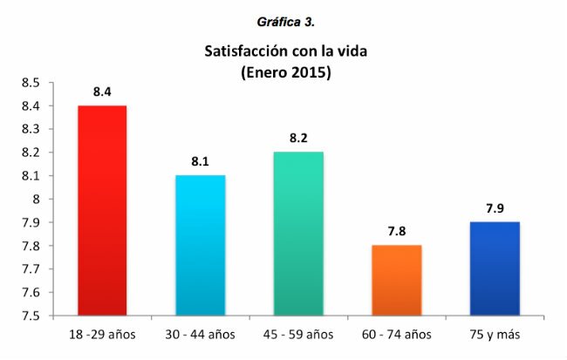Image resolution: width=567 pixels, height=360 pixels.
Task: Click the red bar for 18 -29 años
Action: (102, 209)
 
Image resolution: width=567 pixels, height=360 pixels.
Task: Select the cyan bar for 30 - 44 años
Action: (200, 245)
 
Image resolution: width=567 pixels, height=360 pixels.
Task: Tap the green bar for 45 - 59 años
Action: (298, 233)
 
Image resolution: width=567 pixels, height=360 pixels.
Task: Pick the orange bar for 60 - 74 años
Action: (397, 280)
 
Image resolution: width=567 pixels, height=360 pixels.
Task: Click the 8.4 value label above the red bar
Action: (102, 91)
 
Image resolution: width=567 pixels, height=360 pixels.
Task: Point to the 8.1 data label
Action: (200, 161)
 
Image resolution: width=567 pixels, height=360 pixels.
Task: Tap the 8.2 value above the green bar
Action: (298, 138)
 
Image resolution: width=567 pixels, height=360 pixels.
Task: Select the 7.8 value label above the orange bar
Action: (397, 231)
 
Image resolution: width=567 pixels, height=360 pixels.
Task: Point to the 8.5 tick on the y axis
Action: (31, 83)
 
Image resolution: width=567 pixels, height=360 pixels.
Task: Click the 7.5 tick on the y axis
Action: (31, 316)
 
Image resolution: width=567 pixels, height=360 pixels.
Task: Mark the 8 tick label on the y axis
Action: (38, 199)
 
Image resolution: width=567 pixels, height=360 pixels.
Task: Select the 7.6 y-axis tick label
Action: (31, 292)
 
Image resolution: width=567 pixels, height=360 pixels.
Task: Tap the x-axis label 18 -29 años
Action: (102, 335)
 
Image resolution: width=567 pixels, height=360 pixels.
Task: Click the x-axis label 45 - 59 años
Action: (298, 335)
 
